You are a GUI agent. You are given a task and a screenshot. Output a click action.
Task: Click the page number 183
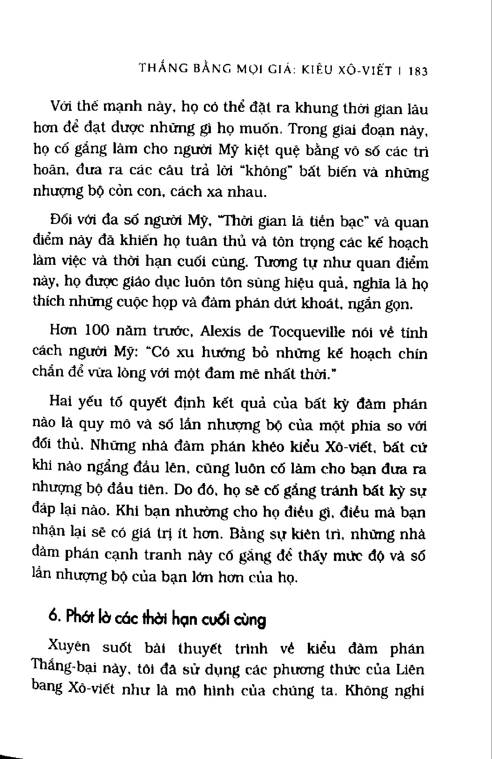click(x=418, y=80)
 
